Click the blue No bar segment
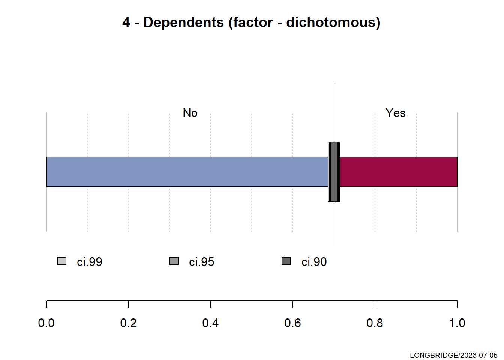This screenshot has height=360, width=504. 187,172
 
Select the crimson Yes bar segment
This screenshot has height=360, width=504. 399,172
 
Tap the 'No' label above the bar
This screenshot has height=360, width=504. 190,113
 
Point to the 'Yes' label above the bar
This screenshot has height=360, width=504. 395,113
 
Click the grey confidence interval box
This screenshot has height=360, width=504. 334,172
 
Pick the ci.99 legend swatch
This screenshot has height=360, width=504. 61,261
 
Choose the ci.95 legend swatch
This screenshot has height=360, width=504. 174,261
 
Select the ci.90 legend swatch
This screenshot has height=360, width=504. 286,261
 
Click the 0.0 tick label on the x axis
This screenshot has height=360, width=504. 46,323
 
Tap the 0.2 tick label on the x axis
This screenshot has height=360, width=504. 128,323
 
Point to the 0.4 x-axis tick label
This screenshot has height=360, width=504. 210,323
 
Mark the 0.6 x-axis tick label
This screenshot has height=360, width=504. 292,323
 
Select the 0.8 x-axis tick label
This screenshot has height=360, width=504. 375,323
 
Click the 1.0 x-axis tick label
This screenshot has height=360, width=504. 457,323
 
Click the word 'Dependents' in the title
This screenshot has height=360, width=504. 184,23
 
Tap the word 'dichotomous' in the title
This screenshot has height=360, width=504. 331,22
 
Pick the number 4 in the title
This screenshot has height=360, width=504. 126,22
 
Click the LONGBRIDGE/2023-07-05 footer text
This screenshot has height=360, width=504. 454,355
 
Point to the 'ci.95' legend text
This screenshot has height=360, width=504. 202,262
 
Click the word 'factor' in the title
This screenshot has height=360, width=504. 253,22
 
